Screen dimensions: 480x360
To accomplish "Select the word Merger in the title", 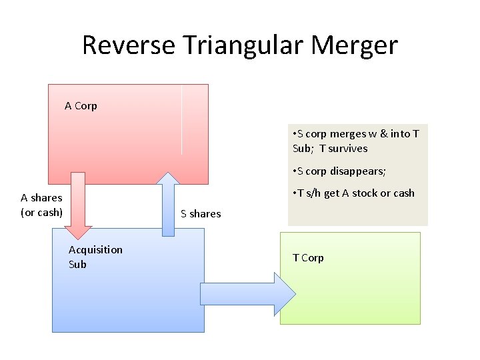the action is pyautogui.click(x=354, y=45).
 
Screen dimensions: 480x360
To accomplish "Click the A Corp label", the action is pyautogui.click(x=81, y=105).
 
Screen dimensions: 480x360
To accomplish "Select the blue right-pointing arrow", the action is pyautogui.click(x=247, y=293).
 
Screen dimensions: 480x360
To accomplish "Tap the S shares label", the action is pyautogui.click(x=201, y=213).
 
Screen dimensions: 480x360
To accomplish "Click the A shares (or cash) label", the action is pyautogui.click(x=41, y=205).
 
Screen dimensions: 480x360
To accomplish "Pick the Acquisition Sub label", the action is pyautogui.click(x=95, y=257).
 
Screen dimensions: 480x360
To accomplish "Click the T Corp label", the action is pyautogui.click(x=308, y=258).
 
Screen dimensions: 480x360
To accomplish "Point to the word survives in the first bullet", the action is pyautogui.click(x=348, y=149).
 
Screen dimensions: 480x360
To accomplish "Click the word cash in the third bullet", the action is pyautogui.click(x=403, y=193).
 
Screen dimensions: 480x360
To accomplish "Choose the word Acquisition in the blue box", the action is pyautogui.click(x=95, y=249).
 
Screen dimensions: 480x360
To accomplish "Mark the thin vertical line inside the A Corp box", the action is pyautogui.click(x=181, y=120).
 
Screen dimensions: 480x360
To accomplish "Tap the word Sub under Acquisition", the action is pyautogui.click(x=77, y=264).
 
